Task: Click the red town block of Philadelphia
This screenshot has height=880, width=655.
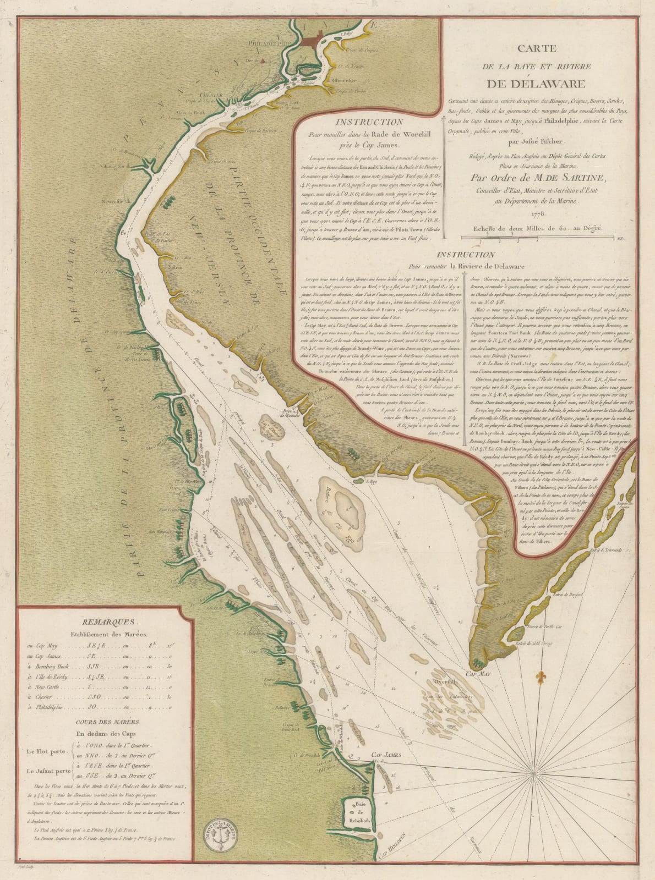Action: [x=312, y=41]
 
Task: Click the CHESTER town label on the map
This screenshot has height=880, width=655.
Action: [x=211, y=95]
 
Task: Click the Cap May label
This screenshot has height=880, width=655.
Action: [x=477, y=673]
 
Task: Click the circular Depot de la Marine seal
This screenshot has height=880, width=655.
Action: [x=223, y=835]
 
